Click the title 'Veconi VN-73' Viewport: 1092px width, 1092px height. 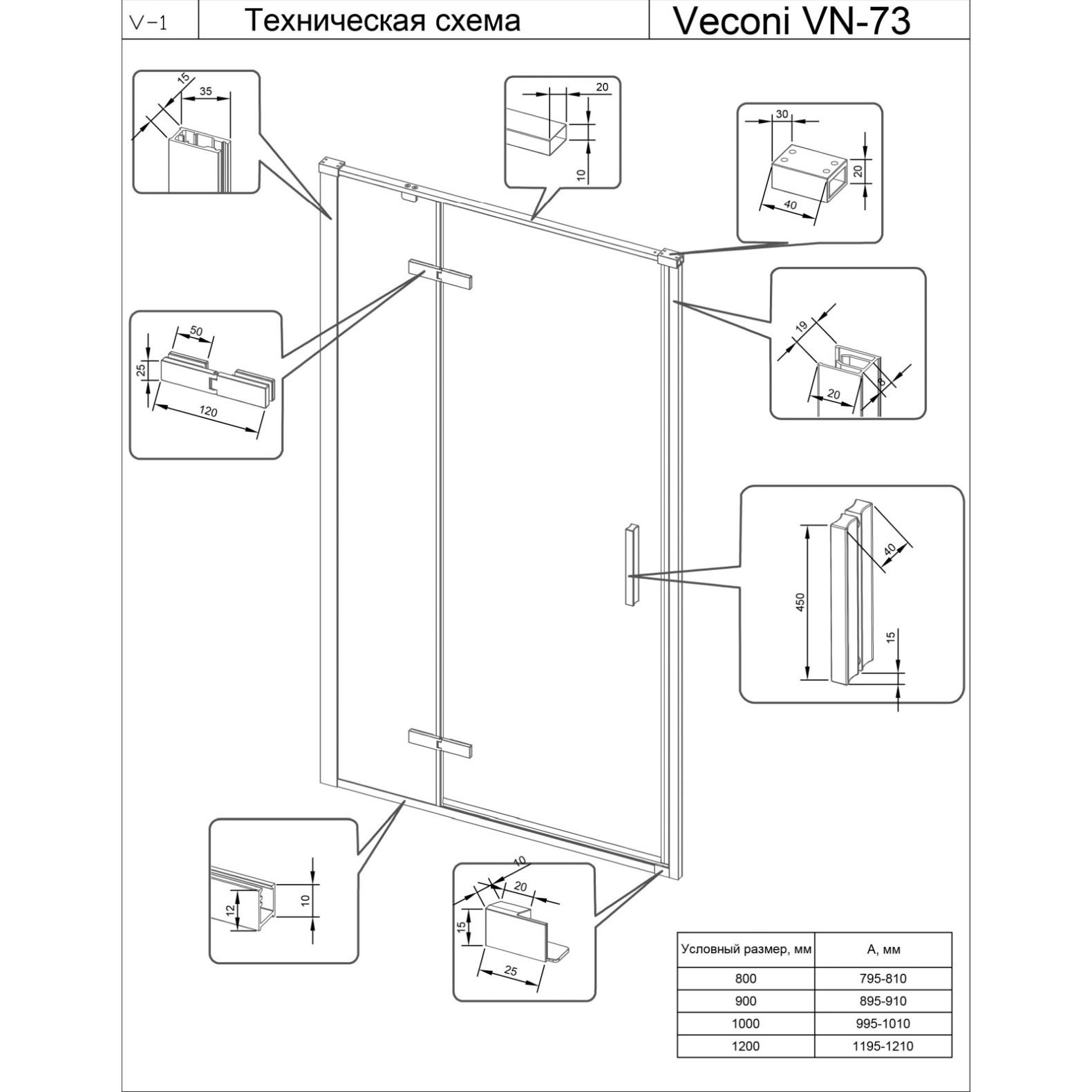tap(791, 21)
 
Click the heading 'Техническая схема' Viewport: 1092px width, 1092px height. tap(382, 21)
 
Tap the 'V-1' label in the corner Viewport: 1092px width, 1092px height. tap(148, 23)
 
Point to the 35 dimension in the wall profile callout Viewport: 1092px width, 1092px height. tap(206, 90)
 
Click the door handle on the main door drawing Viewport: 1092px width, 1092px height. tap(630, 566)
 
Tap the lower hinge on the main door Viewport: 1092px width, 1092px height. tap(440, 744)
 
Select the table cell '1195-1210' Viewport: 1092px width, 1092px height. tap(883, 1046)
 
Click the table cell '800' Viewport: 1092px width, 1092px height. tap(745, 979)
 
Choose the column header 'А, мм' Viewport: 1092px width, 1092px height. tap(883, 950)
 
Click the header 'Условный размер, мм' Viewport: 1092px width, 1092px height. tap(746, 950)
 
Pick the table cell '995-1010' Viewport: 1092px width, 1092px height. tap(883, 1024)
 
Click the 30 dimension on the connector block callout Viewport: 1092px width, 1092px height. tap(782, 115)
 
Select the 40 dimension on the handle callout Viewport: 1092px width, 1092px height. tap(890, 549)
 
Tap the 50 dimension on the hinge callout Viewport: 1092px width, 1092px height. tap(196, 332)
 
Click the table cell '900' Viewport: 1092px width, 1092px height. tap(745, 1001)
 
